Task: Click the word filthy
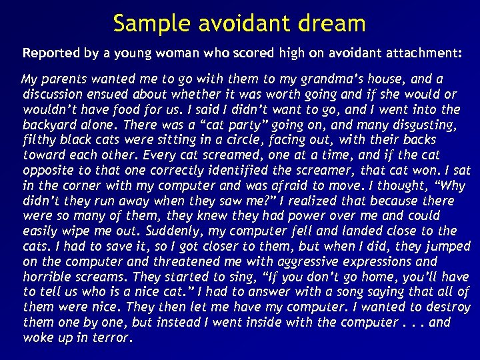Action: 39,140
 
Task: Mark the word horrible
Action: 49,277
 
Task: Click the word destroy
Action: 447,307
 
